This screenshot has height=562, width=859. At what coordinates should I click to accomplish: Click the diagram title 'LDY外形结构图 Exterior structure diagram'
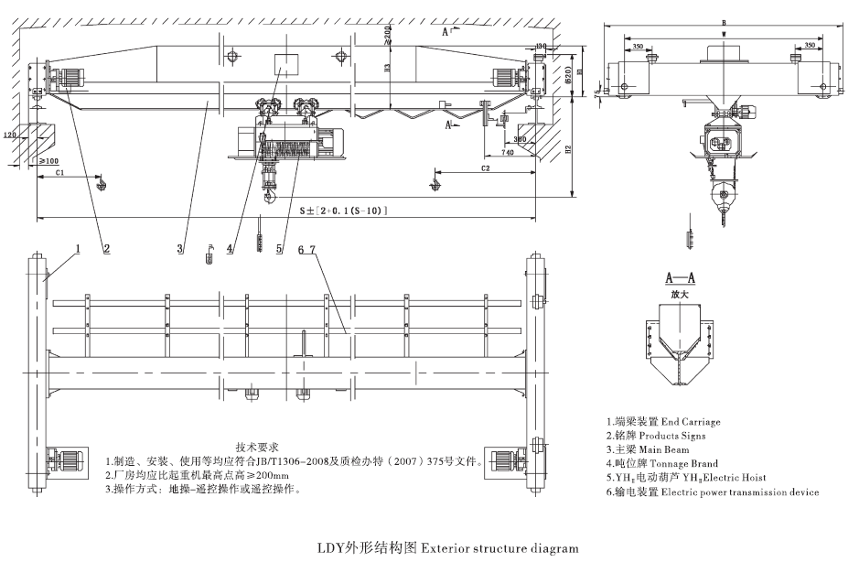click(x=447, y=549)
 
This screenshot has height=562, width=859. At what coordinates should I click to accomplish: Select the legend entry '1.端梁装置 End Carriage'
click(x=663, y=422)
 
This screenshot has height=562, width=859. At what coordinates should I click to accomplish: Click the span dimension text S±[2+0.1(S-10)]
click(x=343, y=211)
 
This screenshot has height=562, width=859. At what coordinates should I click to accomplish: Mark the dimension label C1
click(x=59, y=171)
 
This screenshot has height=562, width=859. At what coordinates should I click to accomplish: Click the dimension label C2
click(x=486, y=168)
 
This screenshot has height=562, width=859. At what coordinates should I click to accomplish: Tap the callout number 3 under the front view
click(x=180, y=248)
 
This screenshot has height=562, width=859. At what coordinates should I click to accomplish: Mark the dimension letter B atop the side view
click(x=723, y=24)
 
